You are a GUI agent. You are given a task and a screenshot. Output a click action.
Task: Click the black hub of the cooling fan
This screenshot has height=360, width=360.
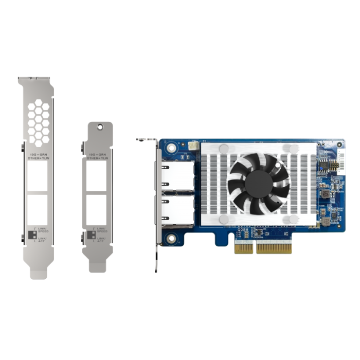pyautogui.click(x=259, y=183)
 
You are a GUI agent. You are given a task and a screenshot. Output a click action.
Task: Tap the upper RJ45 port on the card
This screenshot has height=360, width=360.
pyautogui.click(x=178, y=175)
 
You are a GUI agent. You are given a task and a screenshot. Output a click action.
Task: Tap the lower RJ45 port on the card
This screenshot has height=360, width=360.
pyautogui.click(x=178, y=211)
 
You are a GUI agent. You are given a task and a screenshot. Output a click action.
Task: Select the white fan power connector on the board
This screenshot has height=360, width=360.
pyautogui.click(x=193, y=147)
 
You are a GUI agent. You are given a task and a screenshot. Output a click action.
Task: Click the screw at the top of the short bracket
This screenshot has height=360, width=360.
pyautogui.click(x=100, y=127)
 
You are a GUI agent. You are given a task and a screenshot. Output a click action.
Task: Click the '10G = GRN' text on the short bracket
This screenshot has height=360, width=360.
pyautogui.click(x=98, y=154)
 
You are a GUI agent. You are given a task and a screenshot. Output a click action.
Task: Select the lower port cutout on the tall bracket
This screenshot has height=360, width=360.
pyautogui.click(x=38, y=208)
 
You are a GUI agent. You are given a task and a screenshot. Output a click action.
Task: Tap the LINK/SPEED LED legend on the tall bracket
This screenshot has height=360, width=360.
pyautogui.click(x=43, y=230)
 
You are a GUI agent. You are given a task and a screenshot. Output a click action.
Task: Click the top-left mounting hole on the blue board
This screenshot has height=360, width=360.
pyautogui.click(x=170, y=149)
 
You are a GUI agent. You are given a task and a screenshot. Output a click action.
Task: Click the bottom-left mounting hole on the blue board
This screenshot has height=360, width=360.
pyautogui.click(x=170, y=238)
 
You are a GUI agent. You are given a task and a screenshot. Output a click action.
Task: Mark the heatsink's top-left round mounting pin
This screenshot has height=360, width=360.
pyautogui.click(x=224, y=148)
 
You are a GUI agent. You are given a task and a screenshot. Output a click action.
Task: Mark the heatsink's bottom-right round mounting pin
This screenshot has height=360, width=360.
pyautogui.click(x=294, y=219)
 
